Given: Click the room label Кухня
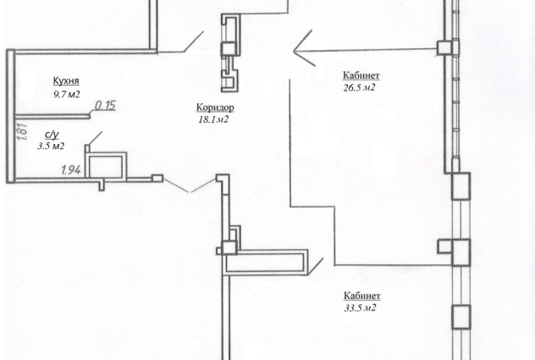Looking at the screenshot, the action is [66, 81].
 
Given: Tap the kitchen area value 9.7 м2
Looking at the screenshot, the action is [66, 94].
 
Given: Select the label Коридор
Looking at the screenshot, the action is [215, 108].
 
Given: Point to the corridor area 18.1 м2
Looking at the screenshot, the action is [213, 119].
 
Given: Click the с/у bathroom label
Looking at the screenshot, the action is [52, 135].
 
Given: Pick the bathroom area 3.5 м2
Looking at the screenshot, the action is [51, 147].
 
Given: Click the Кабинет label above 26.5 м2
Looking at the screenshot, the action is [361, 75].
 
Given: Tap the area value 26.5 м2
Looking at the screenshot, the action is [359, 88].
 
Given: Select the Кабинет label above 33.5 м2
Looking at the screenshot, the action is [361, 296].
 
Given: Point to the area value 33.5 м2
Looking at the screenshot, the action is [361, 308].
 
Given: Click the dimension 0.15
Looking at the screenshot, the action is [105, 106].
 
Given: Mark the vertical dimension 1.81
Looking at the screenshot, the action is [22, 132].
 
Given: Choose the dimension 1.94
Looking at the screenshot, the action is [71, 169].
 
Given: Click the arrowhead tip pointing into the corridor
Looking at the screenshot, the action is [294, 51].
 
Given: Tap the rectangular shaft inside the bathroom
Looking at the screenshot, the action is [106, 165].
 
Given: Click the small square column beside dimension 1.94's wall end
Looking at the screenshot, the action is [157, 178].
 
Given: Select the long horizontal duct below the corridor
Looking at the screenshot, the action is [266, 262].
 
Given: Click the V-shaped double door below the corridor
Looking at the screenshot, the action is [190, 185].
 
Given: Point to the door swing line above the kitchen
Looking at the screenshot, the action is [194, 42].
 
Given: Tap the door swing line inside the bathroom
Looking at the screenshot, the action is [95, 138].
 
